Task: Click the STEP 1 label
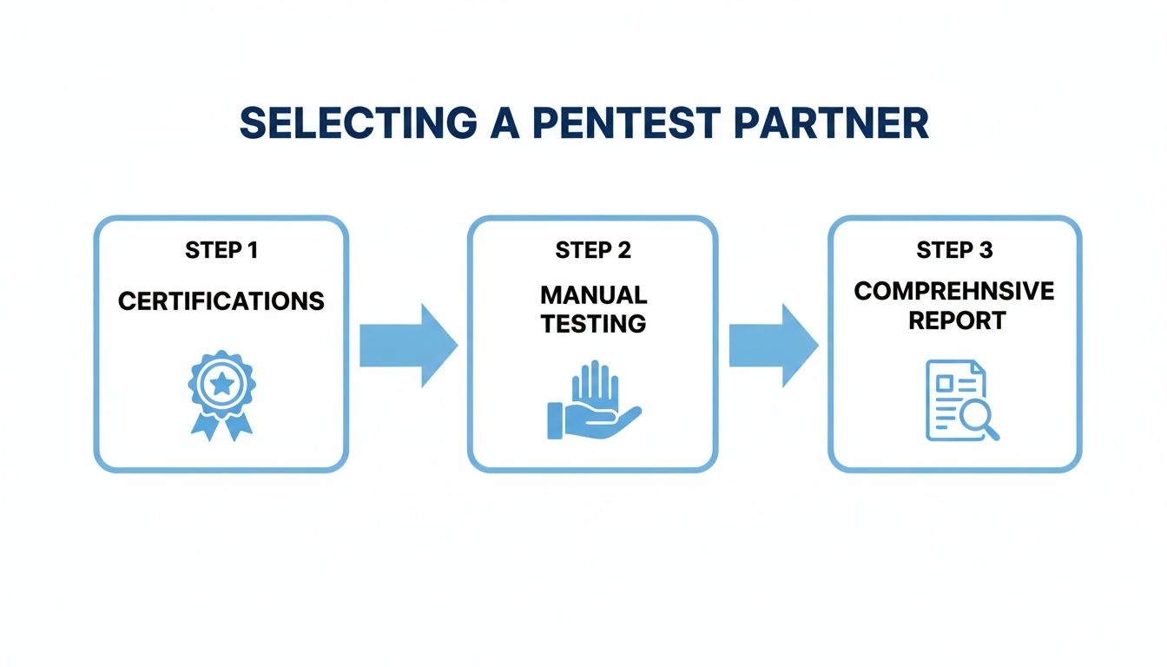(221, 251)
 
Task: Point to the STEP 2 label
(593, 251)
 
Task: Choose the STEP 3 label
(954, 251)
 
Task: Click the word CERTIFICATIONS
(221, 301)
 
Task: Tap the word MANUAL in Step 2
(593, 295)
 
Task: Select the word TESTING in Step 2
(593, 324)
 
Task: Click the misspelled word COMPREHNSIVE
(954, 291)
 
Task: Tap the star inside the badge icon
(221, 382)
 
